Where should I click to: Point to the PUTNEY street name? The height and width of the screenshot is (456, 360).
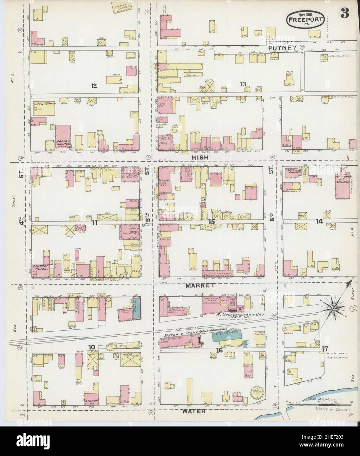click(282, 48)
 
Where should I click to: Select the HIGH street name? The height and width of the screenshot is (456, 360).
click(200, 158)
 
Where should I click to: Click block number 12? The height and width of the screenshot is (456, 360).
click(94, 86)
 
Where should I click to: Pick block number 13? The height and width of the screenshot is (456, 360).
click(243, 84)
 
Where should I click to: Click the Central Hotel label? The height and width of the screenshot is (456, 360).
click(40, 268)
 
